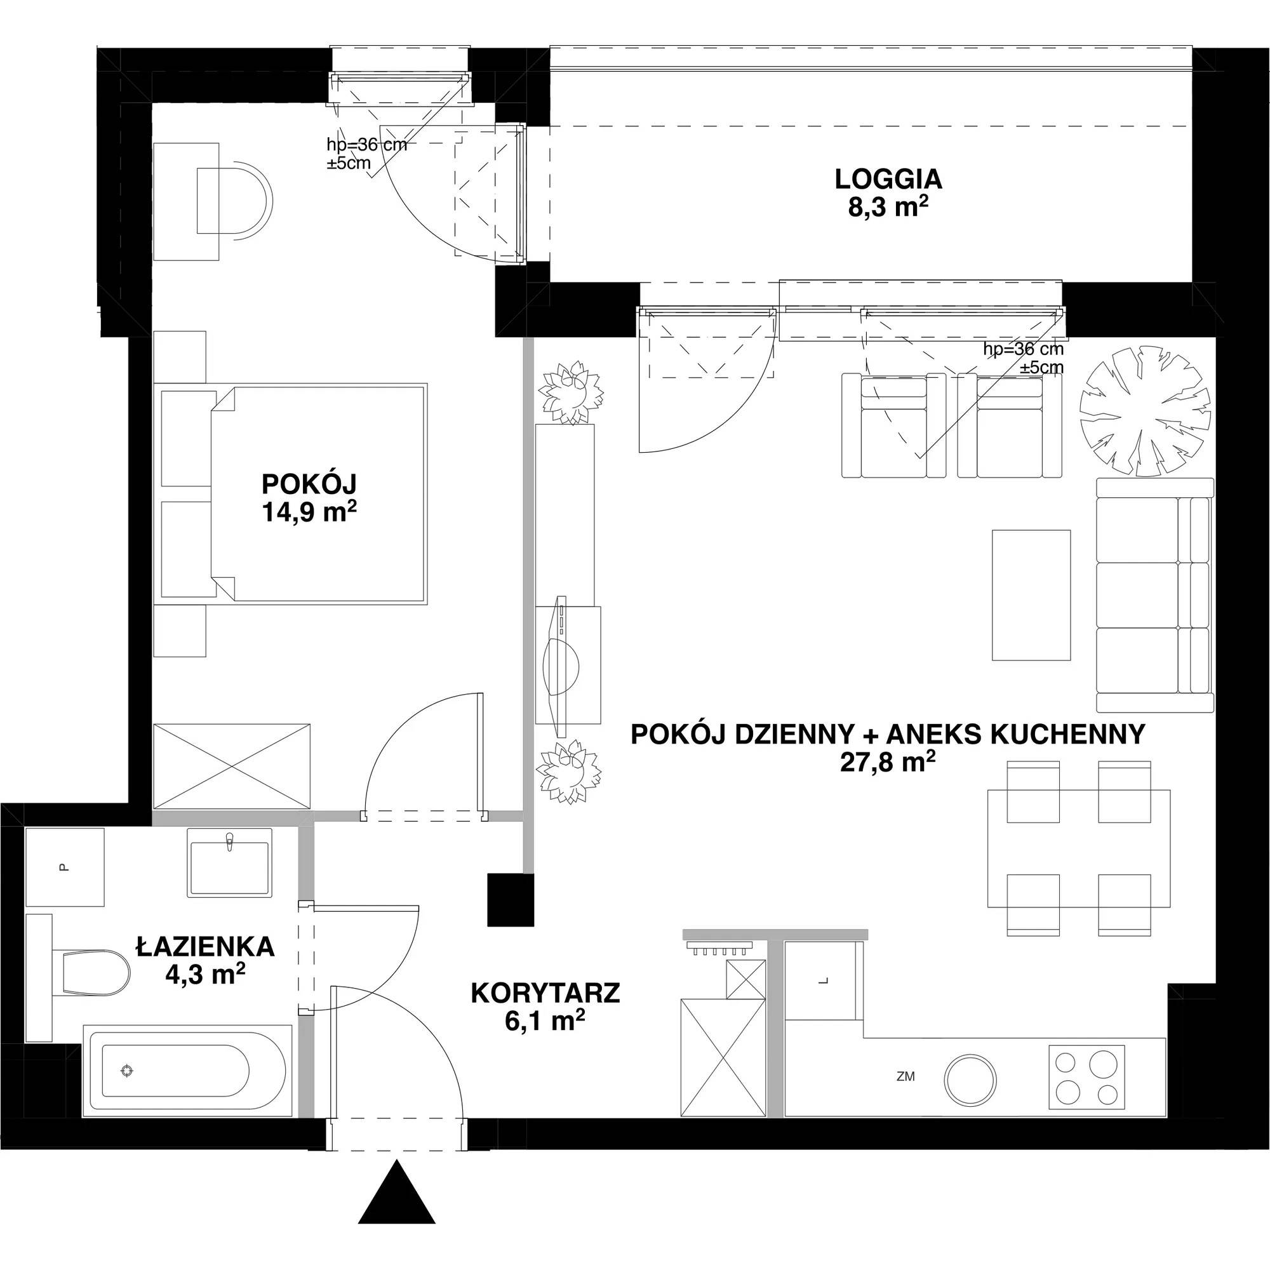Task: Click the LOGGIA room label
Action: (x=888, y=179)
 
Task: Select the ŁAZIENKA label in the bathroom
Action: (x=205, y=947)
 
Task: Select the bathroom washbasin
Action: (x=229, y=862)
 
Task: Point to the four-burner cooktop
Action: (x=1086, y=1077)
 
